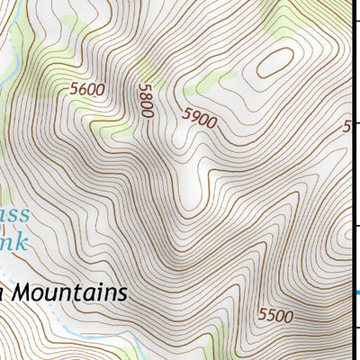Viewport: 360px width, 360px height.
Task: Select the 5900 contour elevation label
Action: pos(199,118)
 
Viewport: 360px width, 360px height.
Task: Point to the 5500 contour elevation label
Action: pos(274,315)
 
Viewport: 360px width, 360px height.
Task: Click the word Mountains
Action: pos(71,293)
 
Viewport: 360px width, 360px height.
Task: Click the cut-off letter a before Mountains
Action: pos(3,295)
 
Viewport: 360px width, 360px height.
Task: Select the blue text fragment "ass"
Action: pos(13,215)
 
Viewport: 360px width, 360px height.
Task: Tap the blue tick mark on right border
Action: pos(356,292)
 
